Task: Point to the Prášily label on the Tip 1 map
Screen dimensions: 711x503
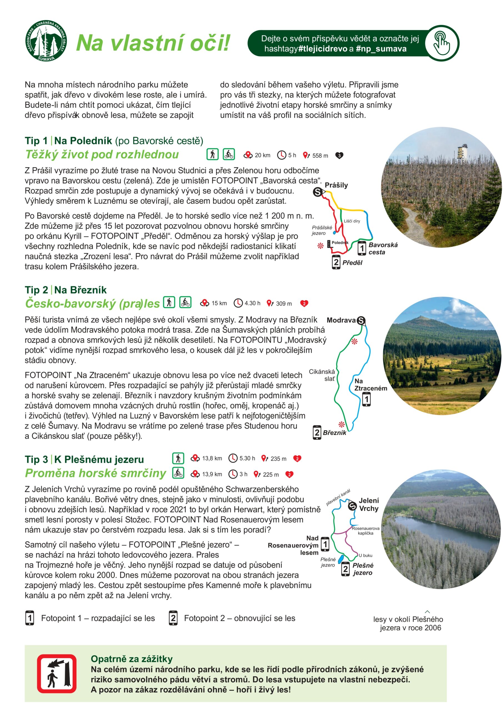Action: click(336, 185)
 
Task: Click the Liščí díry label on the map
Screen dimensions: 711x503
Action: click(352, 221)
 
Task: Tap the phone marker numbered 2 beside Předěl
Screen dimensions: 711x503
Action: click(336, 262)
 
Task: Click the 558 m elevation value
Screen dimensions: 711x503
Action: click(320, 156)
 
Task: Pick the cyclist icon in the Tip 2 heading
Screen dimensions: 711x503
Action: click(185, 302)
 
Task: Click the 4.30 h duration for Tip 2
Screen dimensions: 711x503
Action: click(252, 303)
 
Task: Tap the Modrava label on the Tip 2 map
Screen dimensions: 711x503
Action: click(341, 320)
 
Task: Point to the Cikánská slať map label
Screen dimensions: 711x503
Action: click(322, 375)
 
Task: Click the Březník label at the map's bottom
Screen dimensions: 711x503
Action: click(334, 433)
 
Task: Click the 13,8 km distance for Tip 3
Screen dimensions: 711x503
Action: click(212, 458)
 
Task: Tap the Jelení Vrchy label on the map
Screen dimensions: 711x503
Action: click(369, 504)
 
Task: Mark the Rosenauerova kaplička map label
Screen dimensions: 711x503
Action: click(366, 531)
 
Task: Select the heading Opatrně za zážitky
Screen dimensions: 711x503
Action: click(132, 659)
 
